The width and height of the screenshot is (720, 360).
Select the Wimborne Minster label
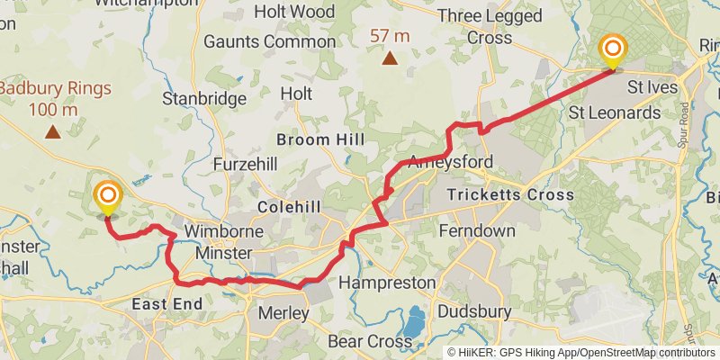point(224,242)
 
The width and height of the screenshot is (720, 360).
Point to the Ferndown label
point(477,231)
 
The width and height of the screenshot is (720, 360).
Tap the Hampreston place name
point(387,283)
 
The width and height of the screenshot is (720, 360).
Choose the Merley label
point(283,314)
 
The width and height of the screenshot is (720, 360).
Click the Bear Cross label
point(370,342)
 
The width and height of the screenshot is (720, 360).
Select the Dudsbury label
point(474,312)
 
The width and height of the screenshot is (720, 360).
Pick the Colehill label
point(289,207)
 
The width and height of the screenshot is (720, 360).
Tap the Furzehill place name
point(246,165)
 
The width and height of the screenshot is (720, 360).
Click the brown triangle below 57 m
point(389,59)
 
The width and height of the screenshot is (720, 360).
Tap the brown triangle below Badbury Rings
point(53,133)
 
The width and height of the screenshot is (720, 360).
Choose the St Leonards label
point(615,113)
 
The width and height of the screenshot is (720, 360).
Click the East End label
point(167,304)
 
